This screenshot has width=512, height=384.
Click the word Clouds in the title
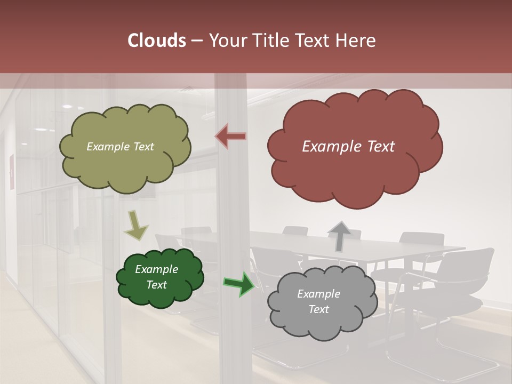click(156, 41)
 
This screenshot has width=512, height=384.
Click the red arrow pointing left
click(231, 137)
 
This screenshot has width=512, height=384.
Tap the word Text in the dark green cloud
click(157, 285)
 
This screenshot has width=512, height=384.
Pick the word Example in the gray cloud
click(318, 294)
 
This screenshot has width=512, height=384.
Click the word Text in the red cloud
click(381, 147)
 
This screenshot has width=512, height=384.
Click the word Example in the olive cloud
click(107, 147)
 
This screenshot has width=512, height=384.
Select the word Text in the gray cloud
click(318, 309)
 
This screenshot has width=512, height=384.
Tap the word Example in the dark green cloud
click(157, 269)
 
